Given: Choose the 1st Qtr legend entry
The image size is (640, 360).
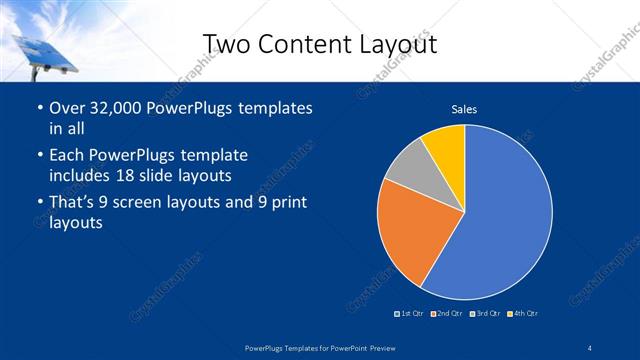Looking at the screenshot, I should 410,314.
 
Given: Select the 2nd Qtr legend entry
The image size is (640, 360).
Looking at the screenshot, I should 446,314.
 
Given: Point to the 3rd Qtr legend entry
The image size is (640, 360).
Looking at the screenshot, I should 485,314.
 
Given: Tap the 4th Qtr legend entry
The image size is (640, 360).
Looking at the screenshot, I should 522,314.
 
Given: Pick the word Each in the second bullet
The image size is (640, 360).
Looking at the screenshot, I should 66,156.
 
